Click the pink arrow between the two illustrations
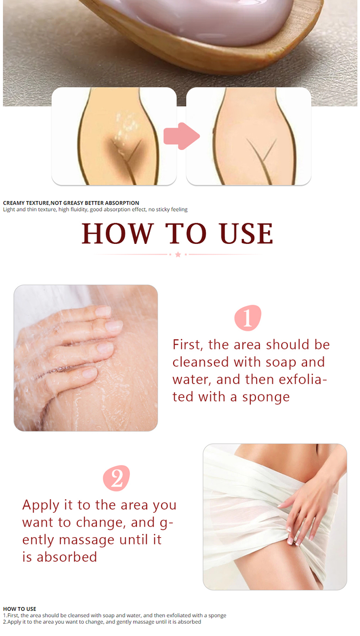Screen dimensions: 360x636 pos(181,136)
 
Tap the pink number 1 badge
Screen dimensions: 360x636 pos(247,318)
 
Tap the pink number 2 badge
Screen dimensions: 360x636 pos(116,478)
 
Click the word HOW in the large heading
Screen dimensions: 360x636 pos(118,233)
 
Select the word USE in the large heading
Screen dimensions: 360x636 pos(246,233)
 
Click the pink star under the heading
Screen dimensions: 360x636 pos(178,254)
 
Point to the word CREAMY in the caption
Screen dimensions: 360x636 pos(14,203)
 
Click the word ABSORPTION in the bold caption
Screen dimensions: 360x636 pos(122,203)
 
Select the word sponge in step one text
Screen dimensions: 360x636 pos(266,398)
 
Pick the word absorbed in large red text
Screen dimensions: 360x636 pos(67,557)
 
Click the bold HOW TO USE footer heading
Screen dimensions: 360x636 pos(20,609)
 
